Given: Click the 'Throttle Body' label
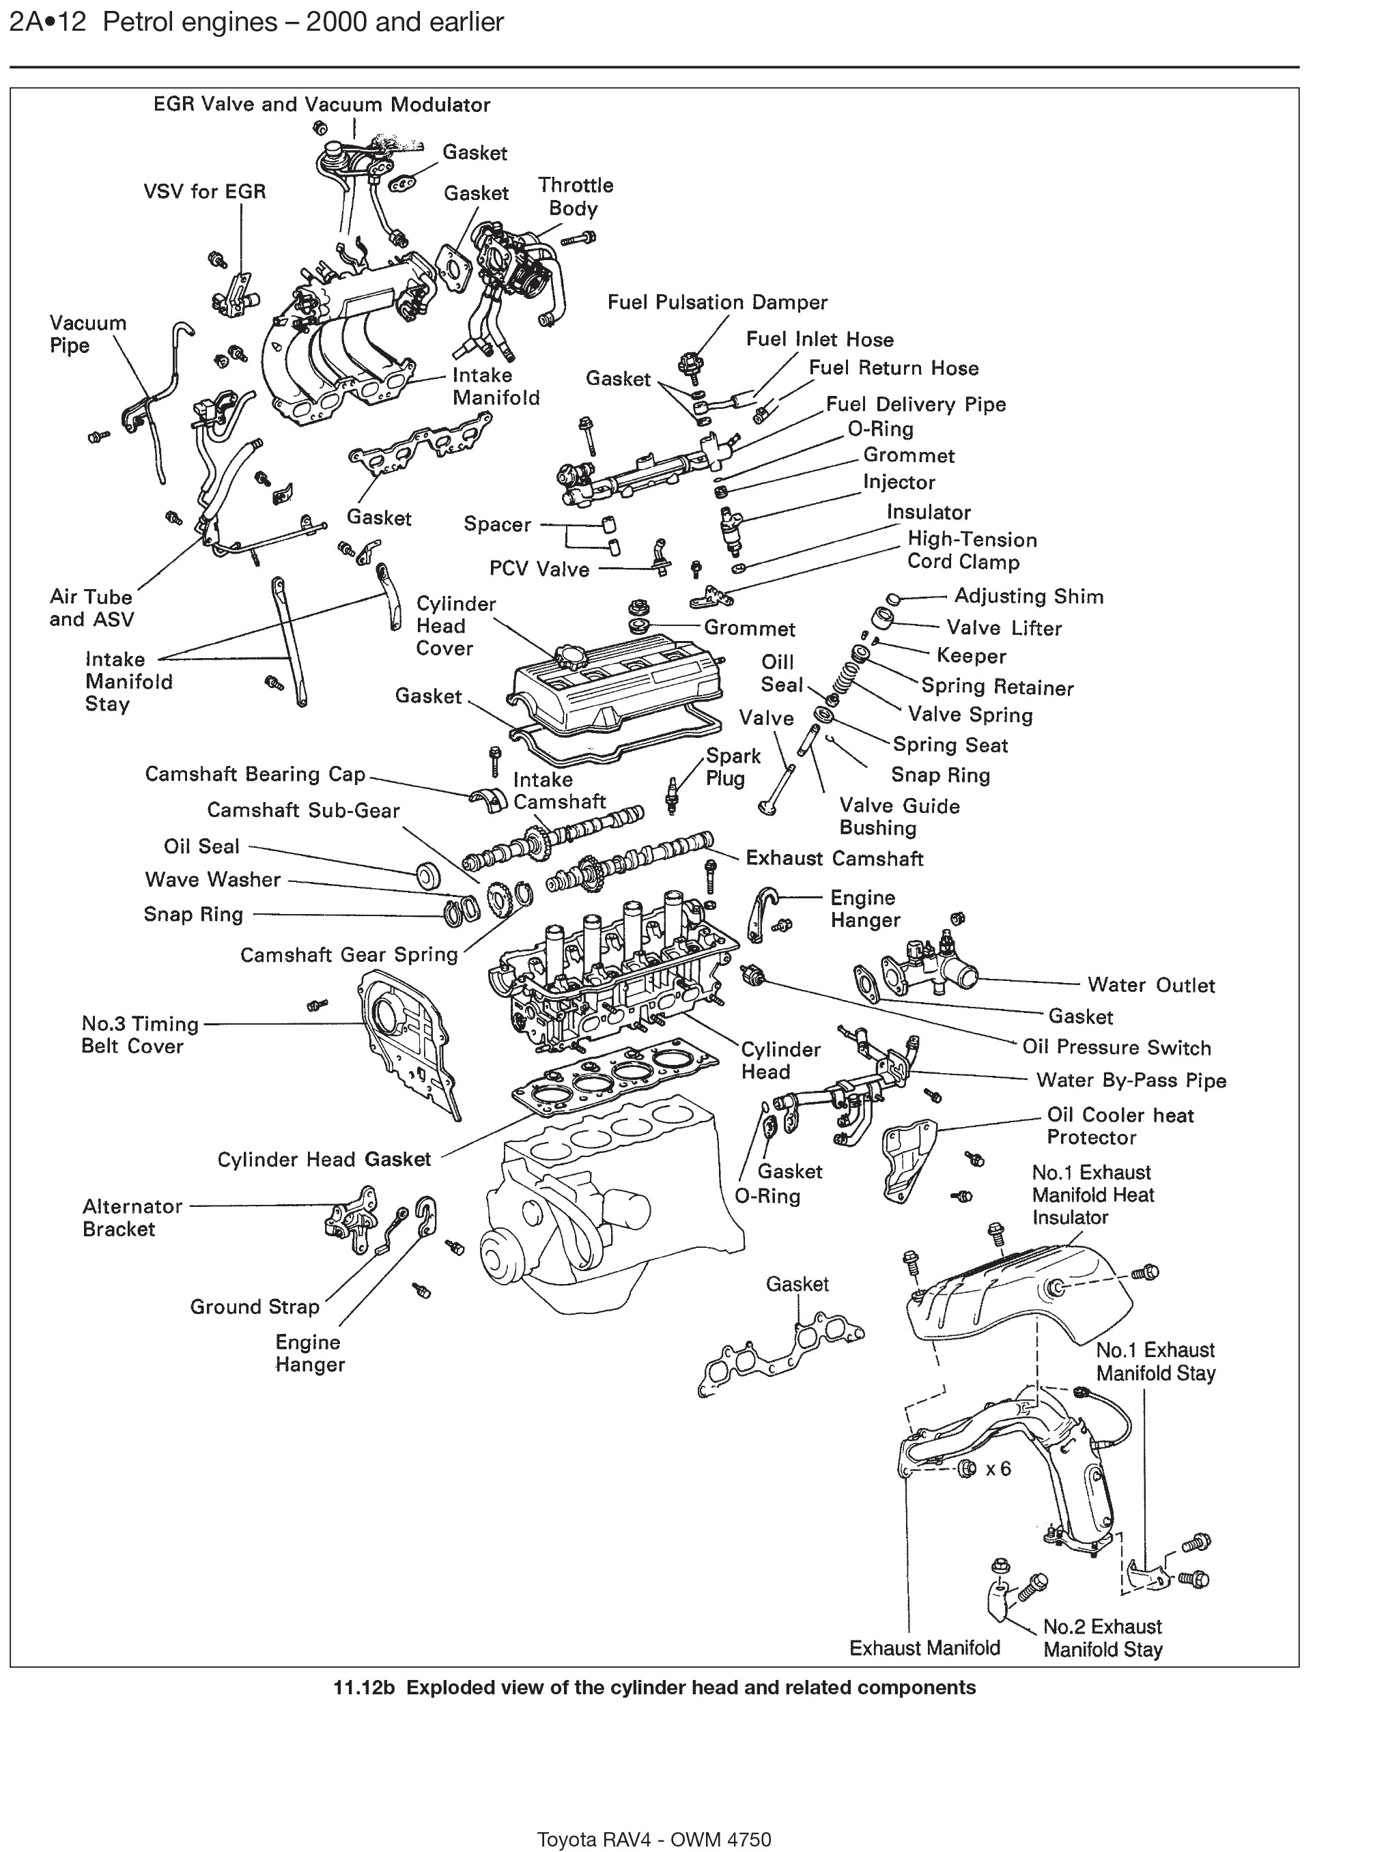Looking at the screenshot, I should [575, 197].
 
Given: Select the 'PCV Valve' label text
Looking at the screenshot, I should [539, 569].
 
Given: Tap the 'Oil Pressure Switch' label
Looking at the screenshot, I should [1116, 1049].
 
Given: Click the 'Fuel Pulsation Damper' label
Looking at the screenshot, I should [717, 302].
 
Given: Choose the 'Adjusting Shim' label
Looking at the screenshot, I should [1028, 596].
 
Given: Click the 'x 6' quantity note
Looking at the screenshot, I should [998, 1468].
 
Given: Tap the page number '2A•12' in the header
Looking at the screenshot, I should [47, 22].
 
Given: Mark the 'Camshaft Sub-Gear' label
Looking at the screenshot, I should [303, 810].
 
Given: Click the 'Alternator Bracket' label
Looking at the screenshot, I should [132, 1217].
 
